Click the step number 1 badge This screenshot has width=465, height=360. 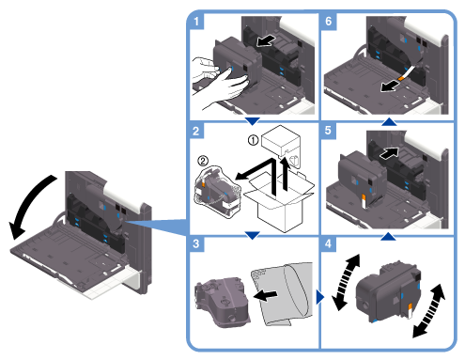[x=196, y=22]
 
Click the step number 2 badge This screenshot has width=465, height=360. [x=196, y=131]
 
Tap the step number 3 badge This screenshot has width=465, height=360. [x=196, y=243]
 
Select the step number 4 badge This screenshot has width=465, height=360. [x=328, y=243]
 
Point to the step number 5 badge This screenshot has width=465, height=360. [x=328, y=131]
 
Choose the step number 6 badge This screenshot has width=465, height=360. [x=328, y=22]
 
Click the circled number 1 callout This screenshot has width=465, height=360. [x=253, y=140]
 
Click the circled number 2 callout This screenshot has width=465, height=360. [x=203, y=161]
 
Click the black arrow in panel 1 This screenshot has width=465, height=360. [x=266, y=41]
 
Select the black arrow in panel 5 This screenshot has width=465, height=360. [x=389, y=153]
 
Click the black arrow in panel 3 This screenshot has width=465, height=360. [x=265, y=295]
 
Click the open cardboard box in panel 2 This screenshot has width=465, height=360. [x=280, y=200]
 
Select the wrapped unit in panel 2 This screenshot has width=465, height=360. [x=217, y=192]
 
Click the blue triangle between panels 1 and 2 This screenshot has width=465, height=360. [x=252, y=121]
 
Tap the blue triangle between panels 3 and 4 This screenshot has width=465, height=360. [x=320, y=297]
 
